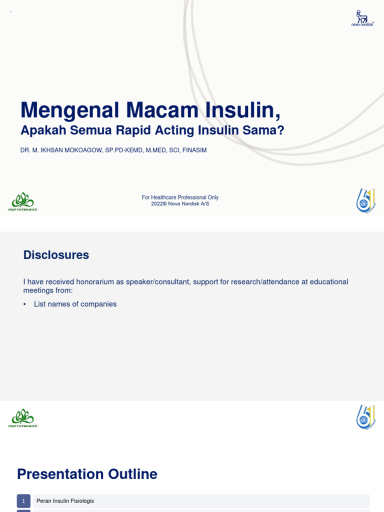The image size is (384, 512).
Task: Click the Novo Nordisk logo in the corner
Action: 362,17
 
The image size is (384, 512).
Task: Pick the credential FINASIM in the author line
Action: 194,150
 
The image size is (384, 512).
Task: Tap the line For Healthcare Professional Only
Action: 180,197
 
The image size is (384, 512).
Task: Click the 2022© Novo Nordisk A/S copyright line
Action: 180,204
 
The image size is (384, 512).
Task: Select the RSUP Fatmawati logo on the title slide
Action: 22,201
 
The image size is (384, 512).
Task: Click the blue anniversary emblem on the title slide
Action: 365,201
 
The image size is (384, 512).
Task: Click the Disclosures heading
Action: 56,255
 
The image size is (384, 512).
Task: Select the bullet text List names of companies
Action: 75,304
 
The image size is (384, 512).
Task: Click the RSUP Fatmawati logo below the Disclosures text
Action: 22,418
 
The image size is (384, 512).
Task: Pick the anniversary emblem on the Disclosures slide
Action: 365,417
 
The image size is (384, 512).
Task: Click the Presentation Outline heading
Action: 87,474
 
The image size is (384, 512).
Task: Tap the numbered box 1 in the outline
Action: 23,501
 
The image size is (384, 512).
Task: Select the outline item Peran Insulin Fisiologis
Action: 65,501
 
